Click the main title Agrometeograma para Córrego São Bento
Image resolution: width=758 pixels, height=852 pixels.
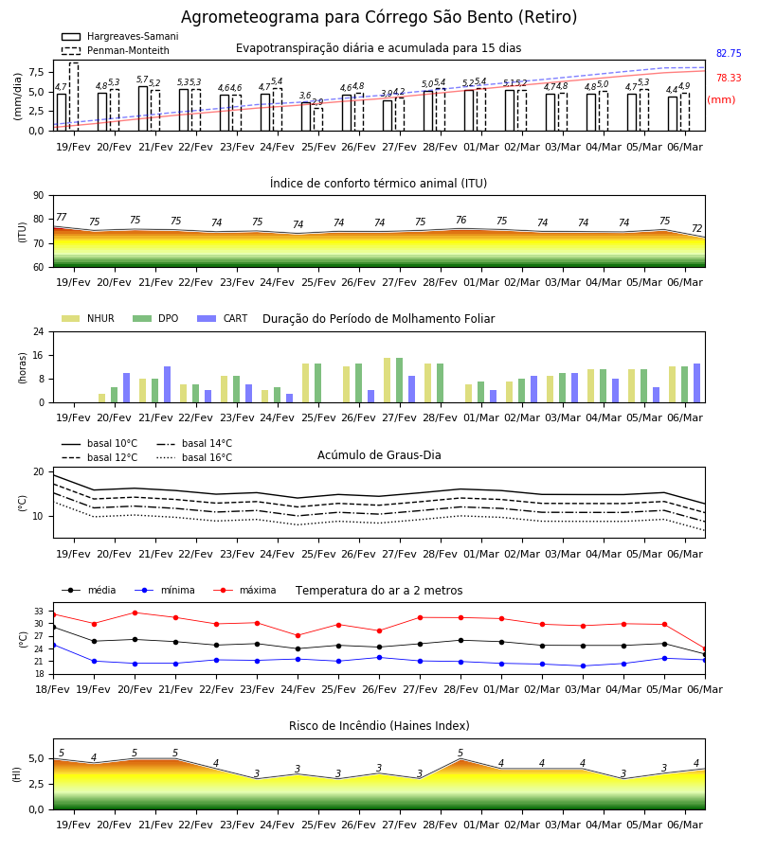379,17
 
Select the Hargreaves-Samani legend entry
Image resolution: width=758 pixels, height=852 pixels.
120,36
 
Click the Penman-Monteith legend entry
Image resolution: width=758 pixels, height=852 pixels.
116,50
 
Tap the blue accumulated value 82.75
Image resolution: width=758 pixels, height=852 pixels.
729,53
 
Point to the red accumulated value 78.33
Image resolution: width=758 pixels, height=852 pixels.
729,78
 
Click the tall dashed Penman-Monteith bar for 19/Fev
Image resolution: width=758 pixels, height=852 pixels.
74,97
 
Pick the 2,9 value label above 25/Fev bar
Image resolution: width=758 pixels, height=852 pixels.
317,102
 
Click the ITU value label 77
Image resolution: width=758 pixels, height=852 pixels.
61,217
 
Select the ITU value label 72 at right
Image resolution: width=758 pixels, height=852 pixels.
697,228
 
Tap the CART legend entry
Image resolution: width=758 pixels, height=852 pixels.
223,318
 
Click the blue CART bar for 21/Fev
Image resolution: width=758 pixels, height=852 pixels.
168,384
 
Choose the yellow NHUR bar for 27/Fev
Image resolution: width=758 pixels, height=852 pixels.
388,381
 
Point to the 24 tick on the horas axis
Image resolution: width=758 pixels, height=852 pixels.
39,331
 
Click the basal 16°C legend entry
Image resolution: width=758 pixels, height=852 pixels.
194,457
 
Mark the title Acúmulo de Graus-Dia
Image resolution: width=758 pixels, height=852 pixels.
379,455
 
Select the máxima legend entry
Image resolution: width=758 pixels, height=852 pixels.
244,590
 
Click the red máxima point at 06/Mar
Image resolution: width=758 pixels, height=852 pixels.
705,649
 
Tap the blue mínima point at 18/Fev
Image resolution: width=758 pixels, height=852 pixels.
53,645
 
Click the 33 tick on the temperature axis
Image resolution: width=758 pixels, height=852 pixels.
39,612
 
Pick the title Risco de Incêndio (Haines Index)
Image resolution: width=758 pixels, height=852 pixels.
379,726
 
